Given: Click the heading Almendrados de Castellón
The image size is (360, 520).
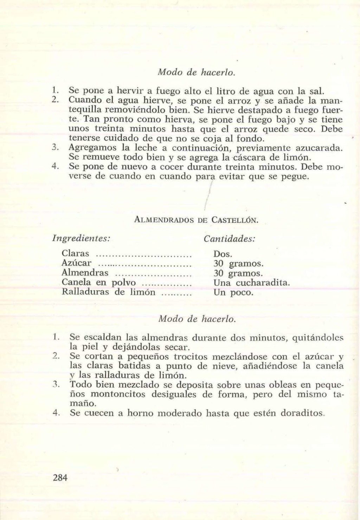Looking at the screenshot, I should point(197,220).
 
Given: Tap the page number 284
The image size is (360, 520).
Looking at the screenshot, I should point(60,477).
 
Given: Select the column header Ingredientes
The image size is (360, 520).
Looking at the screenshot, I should point(82,238).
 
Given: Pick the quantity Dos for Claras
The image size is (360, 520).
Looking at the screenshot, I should point(223,253).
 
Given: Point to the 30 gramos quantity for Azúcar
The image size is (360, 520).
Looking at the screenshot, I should point(238,263).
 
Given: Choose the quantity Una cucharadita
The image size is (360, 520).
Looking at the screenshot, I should point(252,282).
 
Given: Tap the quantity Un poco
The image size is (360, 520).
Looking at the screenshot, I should point(233,292).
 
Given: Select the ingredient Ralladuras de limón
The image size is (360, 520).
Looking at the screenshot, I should point(108,292).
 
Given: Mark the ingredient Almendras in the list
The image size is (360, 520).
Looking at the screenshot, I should point(85,273).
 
